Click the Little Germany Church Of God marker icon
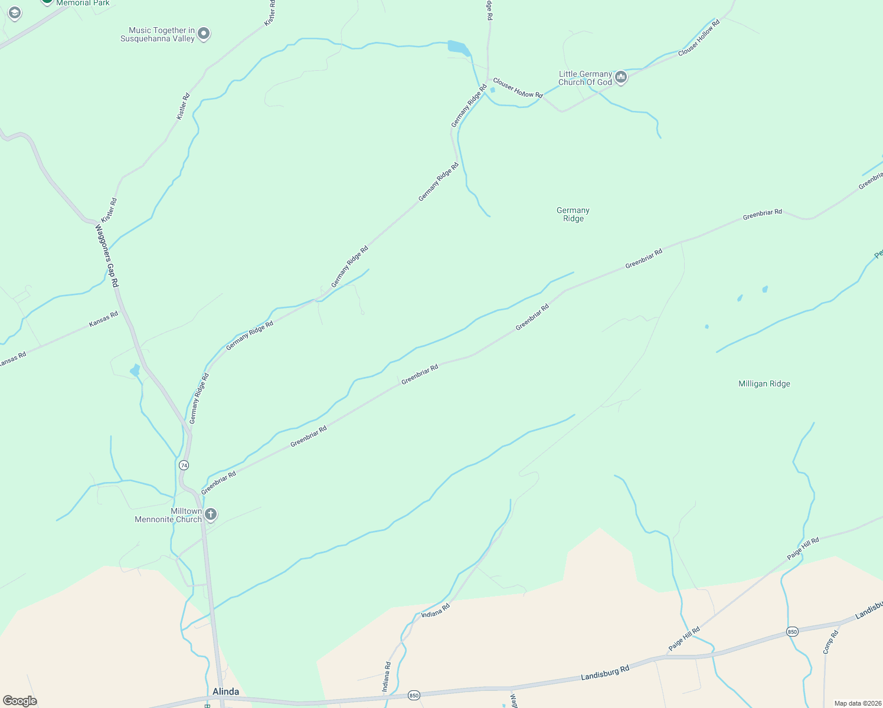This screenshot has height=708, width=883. pyautogui.click(x=620, y=77)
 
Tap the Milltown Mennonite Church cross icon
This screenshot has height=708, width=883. pyautogui.click(x=210, y=515)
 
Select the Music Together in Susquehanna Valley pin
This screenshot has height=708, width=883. pyautogui.click(x=204, y=34)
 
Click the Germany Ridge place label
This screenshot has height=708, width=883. pyautogui.click(x=573, y=214)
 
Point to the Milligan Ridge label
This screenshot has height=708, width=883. pyautogui.click(x=764, y=383)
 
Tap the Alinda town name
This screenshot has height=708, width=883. pyautogui.click(x=225, y=691)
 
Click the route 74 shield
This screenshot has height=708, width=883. pyautogui.click(x=184, y=465)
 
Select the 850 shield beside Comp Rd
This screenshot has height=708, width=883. pyautogui.click(x=792, y=632)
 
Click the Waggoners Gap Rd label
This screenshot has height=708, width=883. pyautogui.click(x=107, y=256)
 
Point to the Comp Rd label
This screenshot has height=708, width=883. pyautogui.click(x=830, y=643)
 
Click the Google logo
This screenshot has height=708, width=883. pyautogui.click(x=20, y=700)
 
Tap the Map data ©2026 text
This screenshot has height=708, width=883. pyautogui.click(x=856, y=703)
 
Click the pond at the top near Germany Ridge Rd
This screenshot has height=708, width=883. pyautogui.click(x=457, y=47)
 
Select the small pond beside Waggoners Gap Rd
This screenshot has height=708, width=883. pyautogui.click(x=135, y=371)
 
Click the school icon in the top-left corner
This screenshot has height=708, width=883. pyautogui.click(x=14, y=12)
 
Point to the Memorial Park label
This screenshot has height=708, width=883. pyautogui.click(x=83, y=3)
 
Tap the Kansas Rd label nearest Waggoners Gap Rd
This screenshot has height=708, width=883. pyautogui.click(x=103, y=319)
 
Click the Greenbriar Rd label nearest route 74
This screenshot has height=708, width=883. pyautogui.click(x=218, y=483)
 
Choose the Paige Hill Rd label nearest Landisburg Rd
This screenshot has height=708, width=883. pyautogui.click(x=684, y=639)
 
